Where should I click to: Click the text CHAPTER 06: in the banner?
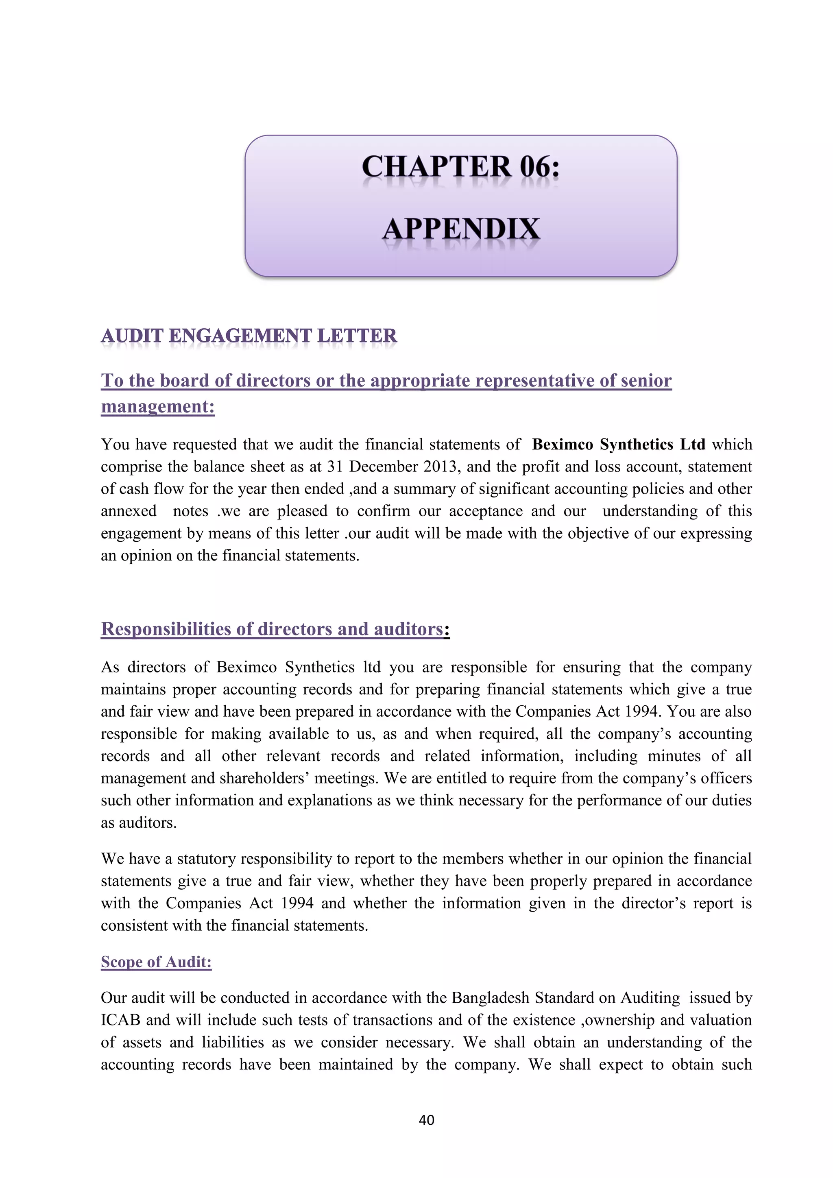460,167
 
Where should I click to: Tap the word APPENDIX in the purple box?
460,229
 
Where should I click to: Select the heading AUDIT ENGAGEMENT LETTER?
249,336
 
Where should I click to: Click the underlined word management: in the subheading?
157,406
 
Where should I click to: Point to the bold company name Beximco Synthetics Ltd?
618,444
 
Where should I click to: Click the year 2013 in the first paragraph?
442,467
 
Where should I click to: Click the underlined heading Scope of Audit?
156,962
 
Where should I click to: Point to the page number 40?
426,1120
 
